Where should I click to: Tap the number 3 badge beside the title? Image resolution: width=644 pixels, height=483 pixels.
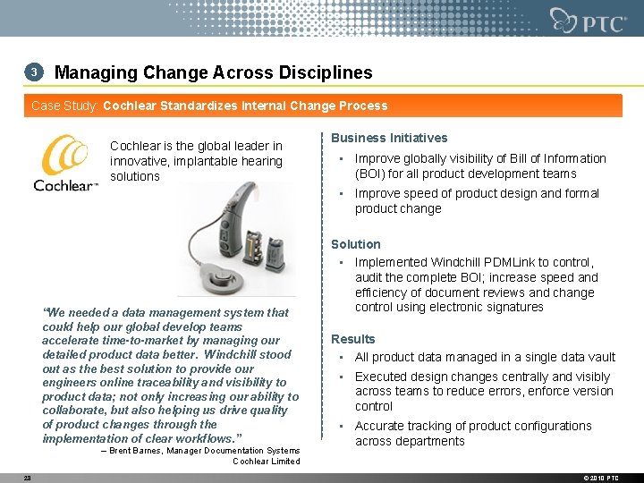pos(33,72)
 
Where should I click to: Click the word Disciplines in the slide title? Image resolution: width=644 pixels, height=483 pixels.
pos(328,72)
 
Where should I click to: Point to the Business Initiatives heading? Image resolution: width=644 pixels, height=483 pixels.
pos(389,138)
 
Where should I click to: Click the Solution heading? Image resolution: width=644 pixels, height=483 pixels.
pos(356,244)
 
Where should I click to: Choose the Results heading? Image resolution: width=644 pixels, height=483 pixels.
pos(353,339)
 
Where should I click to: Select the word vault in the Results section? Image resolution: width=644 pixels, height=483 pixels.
pos(597,357)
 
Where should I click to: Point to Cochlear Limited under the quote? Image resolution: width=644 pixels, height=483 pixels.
pos(266,462)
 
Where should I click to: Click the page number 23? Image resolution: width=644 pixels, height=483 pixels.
pos(28,478)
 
